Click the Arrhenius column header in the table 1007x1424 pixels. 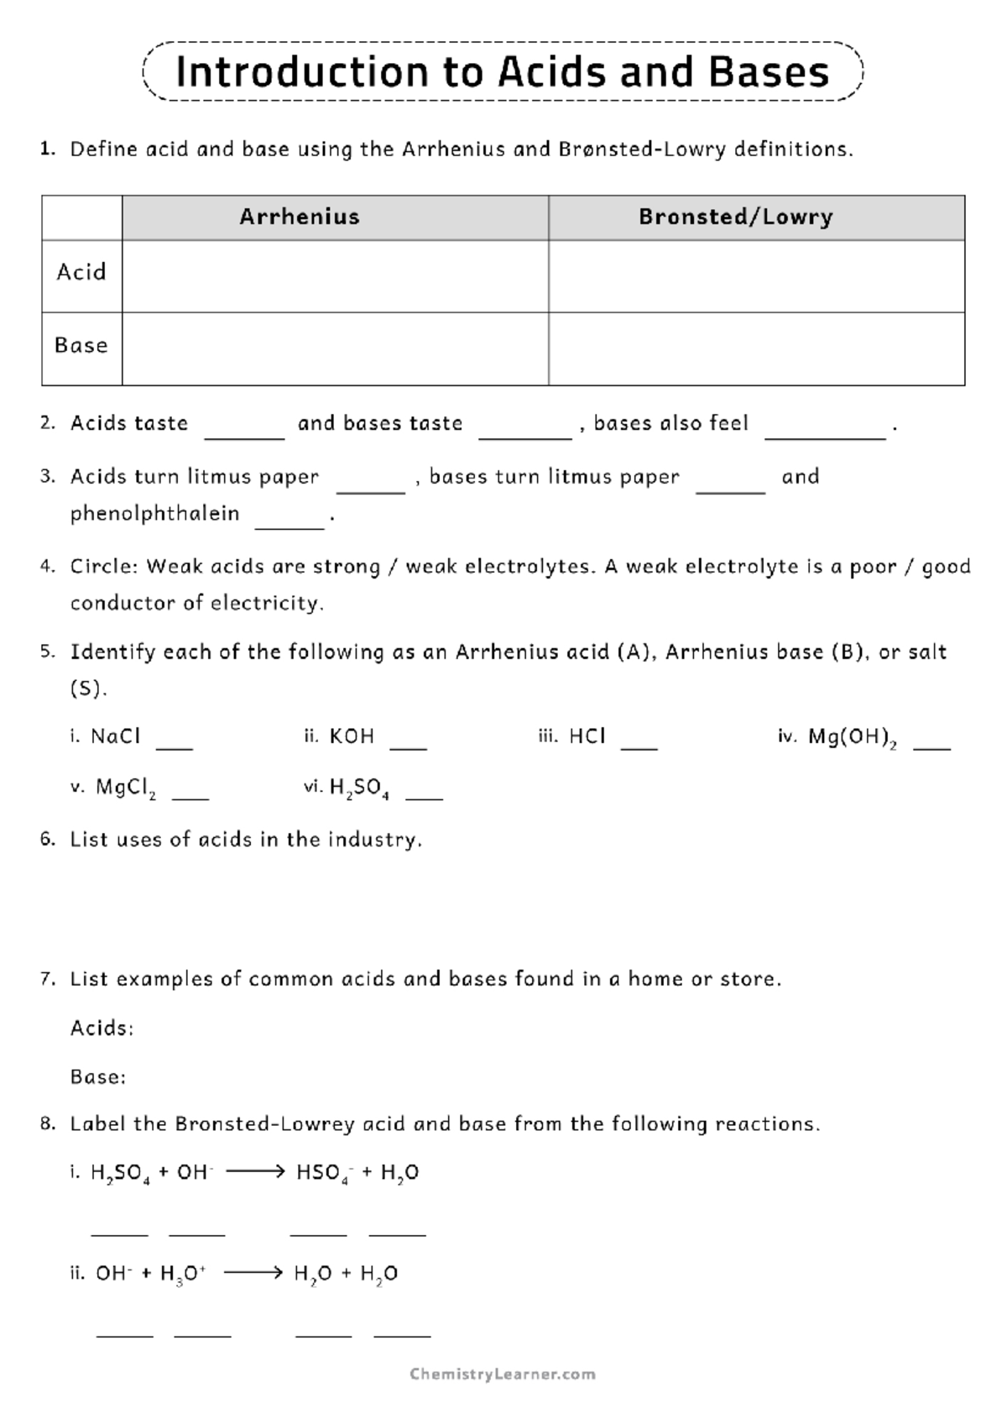click(300, 217)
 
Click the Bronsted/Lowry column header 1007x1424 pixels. click(735, 217)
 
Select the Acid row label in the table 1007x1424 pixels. click(81, 272)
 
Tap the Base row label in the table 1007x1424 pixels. click(81, 345)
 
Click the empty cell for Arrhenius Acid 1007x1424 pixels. click(335, 276)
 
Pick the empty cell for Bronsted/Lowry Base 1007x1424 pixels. click(756, 348)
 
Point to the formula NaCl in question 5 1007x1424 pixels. click(116, 736)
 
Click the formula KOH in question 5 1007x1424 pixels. click(352, 736)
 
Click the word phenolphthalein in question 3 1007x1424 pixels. click(155, 513)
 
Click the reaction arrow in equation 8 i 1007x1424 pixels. click(256, 1171)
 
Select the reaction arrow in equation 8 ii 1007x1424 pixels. click(254, 1273)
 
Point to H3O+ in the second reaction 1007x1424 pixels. click(182, 1274)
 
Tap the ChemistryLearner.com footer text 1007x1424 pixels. click(503, 1374)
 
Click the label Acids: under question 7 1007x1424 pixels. click(102, 1028)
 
